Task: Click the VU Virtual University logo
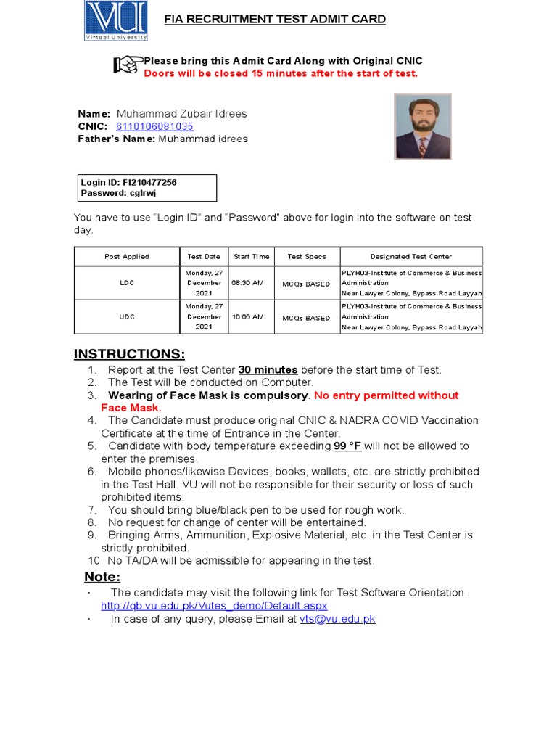click(116, 21)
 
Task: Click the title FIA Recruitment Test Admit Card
click(275, 20)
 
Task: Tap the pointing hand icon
click(126, 65)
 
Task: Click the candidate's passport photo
click(423, 126)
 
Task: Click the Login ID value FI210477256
click(149, 183)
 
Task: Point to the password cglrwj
click(143, 193)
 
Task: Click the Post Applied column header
click(127, 256)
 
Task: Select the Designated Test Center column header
click(410, 256)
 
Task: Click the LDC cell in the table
click(127, 283)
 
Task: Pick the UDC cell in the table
click(127, 317)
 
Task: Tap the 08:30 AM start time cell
click(247, 283)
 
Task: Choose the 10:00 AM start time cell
click(247, 317)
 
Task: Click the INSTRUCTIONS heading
click(129, 354)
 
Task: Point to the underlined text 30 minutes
click(268, 370)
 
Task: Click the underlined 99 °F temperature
click(347, 446)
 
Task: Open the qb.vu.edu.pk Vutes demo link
click(214, 605)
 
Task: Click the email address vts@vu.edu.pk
click(337, 619)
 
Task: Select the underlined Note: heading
click(102, 577)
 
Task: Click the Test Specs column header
click(307, 256)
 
